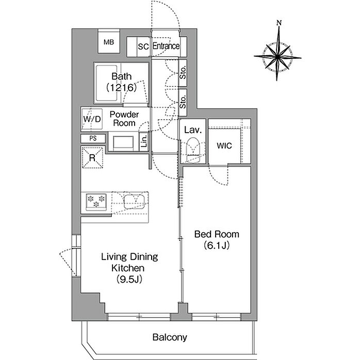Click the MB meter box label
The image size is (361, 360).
point(109,42)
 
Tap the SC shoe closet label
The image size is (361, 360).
point(143,46)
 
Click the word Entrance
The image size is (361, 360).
point(166,46)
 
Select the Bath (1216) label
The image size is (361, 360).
point(121,82)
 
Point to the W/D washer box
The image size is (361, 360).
point(92,119)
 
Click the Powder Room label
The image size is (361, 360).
point(124,119)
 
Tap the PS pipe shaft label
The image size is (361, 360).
point(93,138)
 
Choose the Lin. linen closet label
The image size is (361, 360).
point(144,141)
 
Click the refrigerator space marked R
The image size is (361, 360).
point(92,158)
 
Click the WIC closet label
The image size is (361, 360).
point(224,146)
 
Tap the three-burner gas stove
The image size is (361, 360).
point(96,202)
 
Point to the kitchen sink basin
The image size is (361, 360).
point(134,202)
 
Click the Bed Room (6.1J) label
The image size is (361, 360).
point(217,240)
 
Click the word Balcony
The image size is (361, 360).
point(170,337)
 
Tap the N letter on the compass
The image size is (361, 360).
point(279,23)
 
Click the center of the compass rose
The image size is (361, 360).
point(277,56)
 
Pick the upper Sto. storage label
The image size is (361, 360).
point(183,73)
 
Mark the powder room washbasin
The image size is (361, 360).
point(123,142)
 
